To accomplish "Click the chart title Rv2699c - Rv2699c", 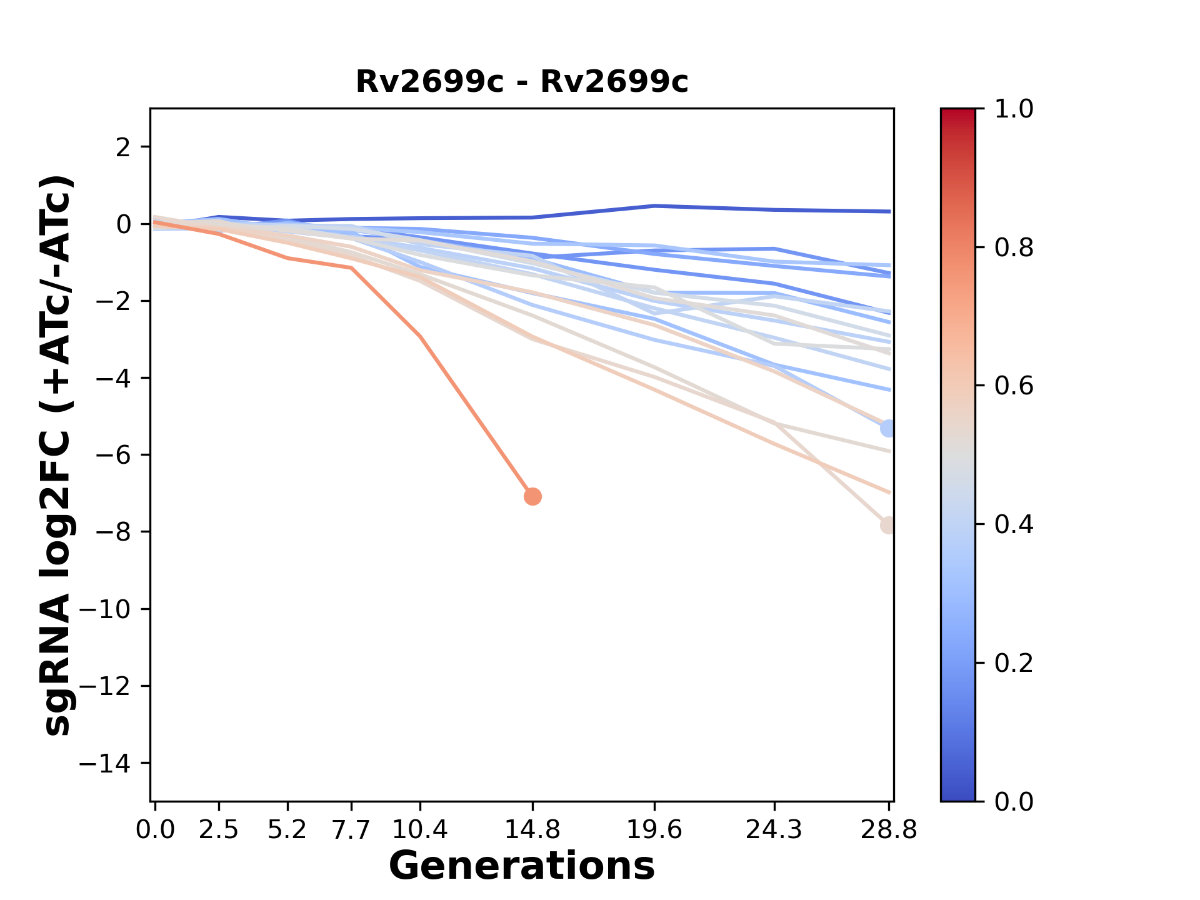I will [x=522, y=82].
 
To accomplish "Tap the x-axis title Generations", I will [x=522, y=866].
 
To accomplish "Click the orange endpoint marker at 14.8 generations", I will [x=532, y=497].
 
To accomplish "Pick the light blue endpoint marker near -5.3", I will [x=887, y=428].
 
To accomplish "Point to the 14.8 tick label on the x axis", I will [x=532, y=830].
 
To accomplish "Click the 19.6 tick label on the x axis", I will [x=654, y=830].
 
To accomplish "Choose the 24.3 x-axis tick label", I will [x=774, y=830].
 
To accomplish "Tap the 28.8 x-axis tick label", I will [x=889, y=830].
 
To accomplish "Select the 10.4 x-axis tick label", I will [x=420, y=830].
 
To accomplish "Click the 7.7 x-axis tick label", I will [x=352, y=830].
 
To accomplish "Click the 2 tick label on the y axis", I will [x=124, y=147].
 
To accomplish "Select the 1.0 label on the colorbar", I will [x=1014, y=109].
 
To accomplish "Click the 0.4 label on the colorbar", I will [x=1014, y=524].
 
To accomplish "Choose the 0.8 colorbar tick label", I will [x=1014, y=248].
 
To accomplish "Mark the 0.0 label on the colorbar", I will [x=1014, y=801].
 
